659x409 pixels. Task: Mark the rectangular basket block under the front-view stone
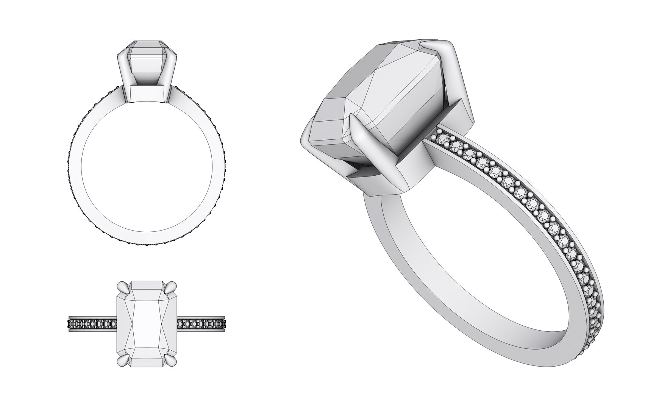pyautogui.click(x=147, y=93)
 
